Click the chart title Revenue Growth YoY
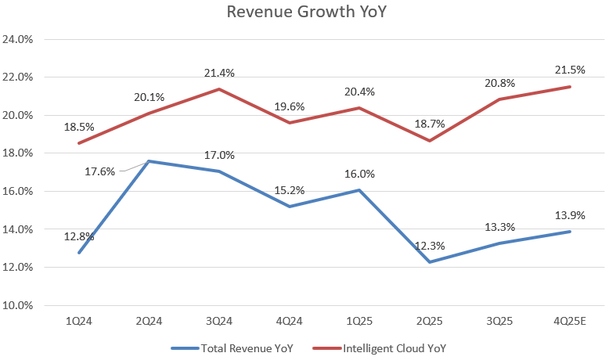tap(308, 13)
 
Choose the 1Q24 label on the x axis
tap(79, 322)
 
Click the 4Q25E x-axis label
tap(569, 322)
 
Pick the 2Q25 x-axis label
tap(429, 322)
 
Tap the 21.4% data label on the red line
tap(219, 73)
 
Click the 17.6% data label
tap(99, 170)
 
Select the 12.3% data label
tap(429, 246)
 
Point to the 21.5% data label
tap(569, 70)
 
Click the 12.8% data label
tap(79, 236)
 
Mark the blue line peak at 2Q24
tap(149, 161)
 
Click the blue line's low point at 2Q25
tap(429, 261)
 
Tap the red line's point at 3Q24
tap(219, 88)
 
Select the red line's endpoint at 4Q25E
tap(569, 87)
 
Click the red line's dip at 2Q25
tap(429, 140)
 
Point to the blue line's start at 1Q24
tap(79, 252)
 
